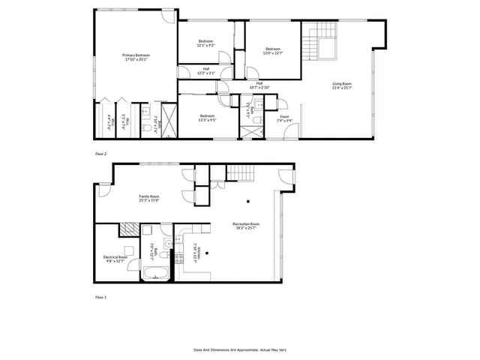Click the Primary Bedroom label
136,55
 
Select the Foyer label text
284,116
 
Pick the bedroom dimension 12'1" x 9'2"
205,46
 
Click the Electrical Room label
115,257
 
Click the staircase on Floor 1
238,172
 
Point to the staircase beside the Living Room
325,40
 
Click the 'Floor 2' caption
100,154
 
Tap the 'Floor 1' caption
100,298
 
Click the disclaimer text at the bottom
239,349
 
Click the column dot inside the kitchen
208,253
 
